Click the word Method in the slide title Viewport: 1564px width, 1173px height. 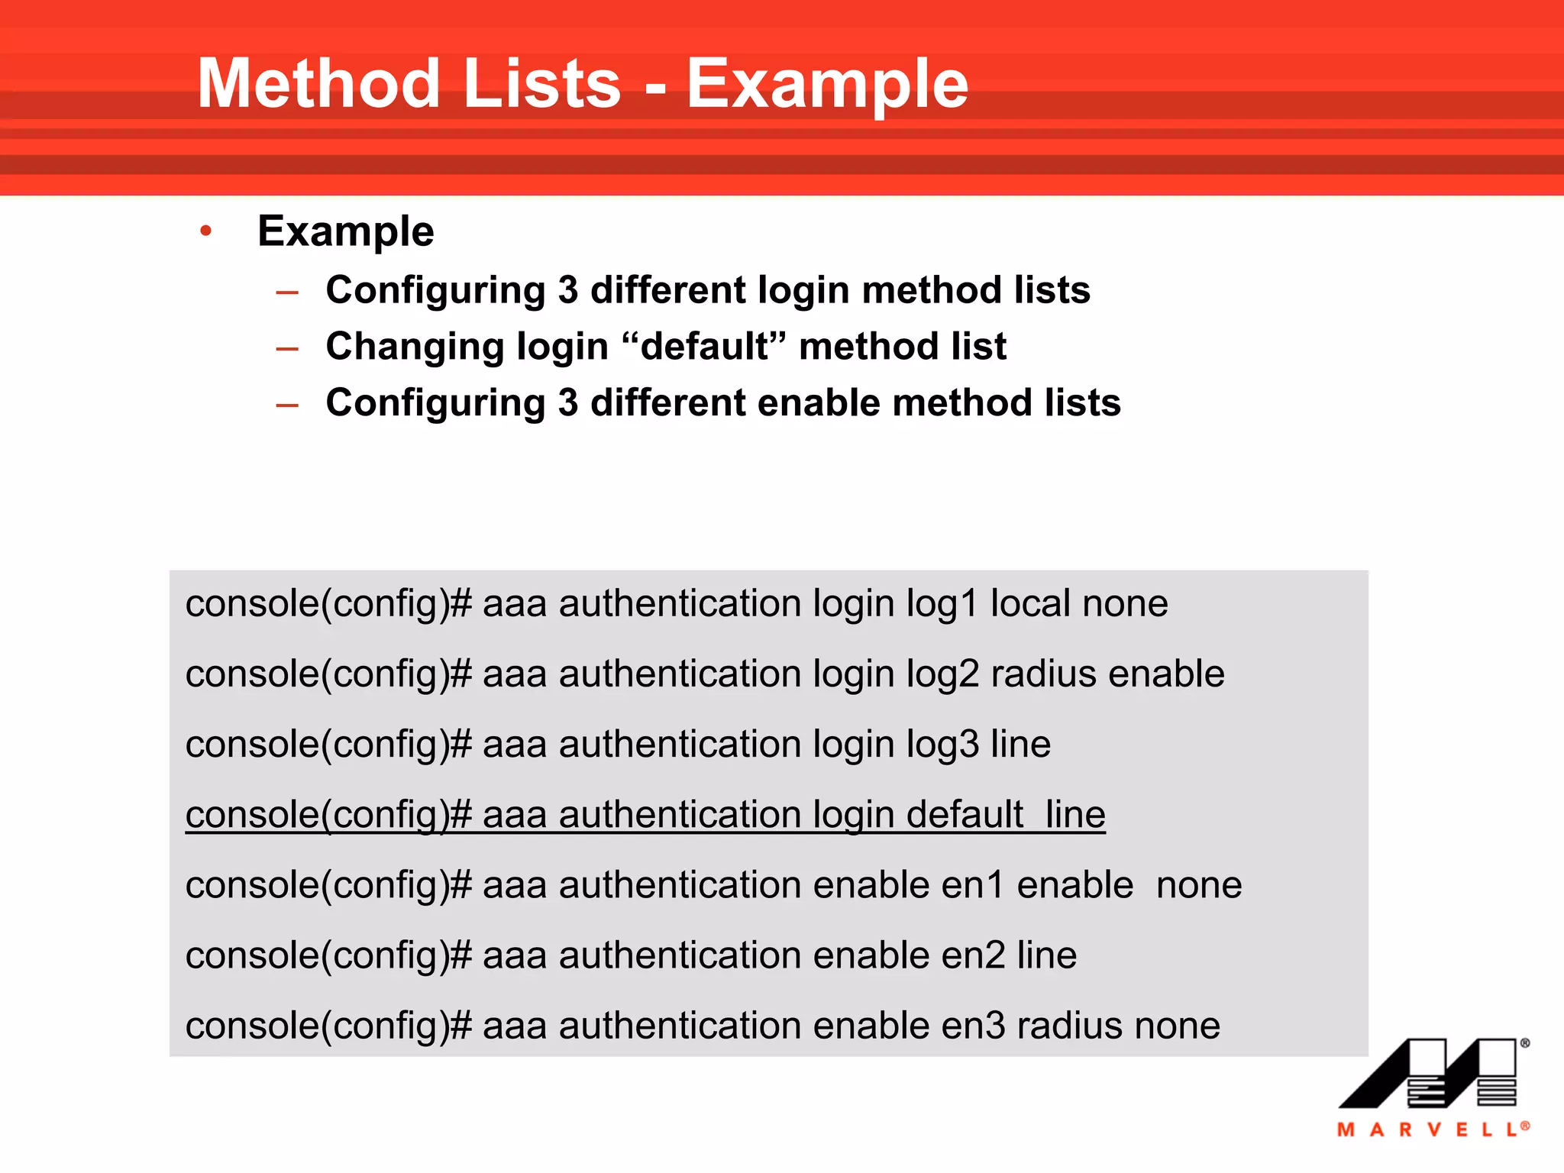point(318,84)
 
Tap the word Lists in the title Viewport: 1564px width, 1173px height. point(541,84)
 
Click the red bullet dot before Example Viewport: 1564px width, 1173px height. point(205,231)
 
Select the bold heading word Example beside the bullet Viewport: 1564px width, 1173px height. point(346,231)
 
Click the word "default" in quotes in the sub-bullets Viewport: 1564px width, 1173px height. point(704,346)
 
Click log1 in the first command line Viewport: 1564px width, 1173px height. point(942,604)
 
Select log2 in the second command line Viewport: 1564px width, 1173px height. point(942,674)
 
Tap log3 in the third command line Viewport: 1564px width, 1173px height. point(942,745)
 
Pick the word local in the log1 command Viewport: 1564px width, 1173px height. point(1030,604)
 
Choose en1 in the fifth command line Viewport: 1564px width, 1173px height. point(972,885)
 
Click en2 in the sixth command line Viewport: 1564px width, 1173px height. point(973,955)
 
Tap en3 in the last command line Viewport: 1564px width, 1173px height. point(973,1026)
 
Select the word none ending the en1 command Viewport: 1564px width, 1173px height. point(1199,885)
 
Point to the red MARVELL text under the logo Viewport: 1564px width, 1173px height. point(1433,1129)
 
